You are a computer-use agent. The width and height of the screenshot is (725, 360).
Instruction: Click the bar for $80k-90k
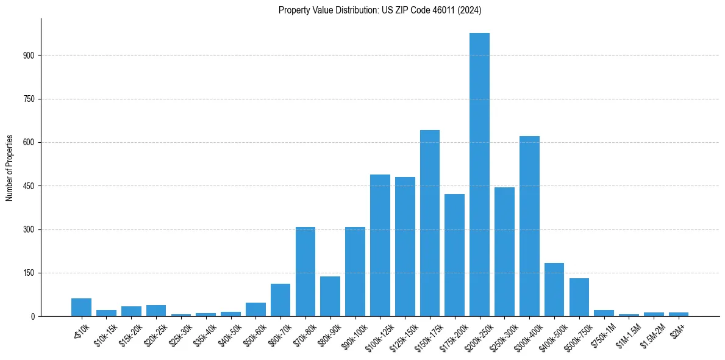click(x=330, y=297)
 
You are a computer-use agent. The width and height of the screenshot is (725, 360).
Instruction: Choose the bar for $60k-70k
click(x=280, y=300)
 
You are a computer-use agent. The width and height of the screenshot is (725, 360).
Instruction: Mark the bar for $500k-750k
click(x=579, y=298)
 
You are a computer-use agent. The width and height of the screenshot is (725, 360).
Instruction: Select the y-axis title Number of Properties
click(x=9, y=168)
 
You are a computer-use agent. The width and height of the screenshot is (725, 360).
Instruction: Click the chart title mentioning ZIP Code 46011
click(x=380, y=10)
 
